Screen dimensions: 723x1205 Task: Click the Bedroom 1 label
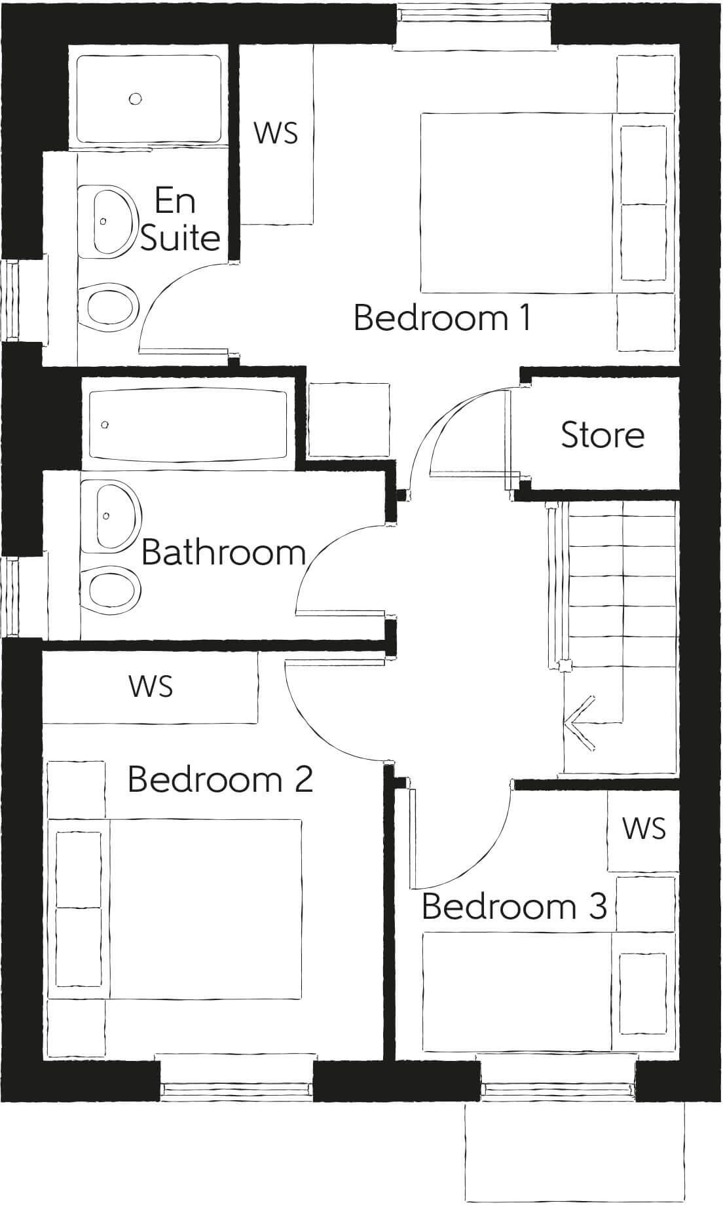pos(442,318)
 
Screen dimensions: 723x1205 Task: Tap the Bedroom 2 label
pos(220,779)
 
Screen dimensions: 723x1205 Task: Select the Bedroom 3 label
pos(515,906)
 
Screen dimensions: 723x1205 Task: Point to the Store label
pos(602,435)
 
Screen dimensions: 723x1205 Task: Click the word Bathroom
pos(224,552)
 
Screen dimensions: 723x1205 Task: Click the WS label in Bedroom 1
pos(276,133)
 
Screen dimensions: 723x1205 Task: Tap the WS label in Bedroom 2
pos(151,686)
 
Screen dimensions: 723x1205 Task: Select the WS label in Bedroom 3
pos(644,828)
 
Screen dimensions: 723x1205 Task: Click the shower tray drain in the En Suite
pos(136,99)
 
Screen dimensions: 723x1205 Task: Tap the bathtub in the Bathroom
pos(188,425)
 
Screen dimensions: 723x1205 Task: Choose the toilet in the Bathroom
pos(113,587)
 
